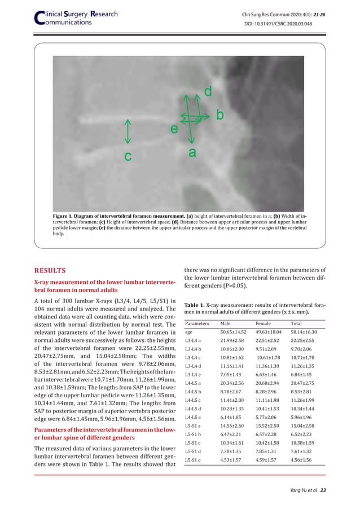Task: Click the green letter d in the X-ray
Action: pos(208,91)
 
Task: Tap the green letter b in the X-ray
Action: pos(219,115)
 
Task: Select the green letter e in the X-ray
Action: pos(174,129)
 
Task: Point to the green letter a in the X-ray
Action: pos(192,152)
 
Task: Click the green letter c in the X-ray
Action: pos(128,156)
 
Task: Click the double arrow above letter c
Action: pos(128,131)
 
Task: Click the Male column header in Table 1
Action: pos(227,324)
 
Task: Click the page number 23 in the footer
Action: pos(323,490)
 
